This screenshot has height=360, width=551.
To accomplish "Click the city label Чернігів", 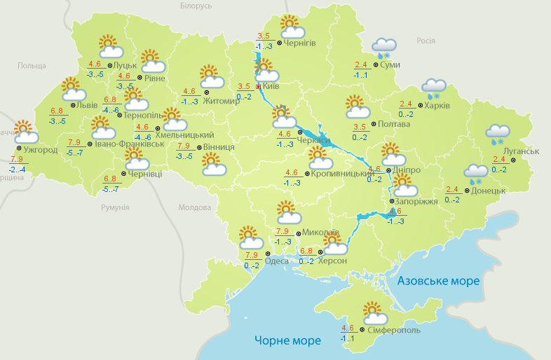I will pos(300,43).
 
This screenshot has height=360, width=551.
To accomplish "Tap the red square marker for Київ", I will pos(258,87).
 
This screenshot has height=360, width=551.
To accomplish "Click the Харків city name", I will pos(437,106).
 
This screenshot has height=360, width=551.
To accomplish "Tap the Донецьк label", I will pos(488,191).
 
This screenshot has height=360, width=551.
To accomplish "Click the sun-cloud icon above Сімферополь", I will pos(372,311).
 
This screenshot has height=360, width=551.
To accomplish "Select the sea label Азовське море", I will pos(438,281).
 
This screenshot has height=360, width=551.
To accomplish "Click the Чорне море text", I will pos(287,340).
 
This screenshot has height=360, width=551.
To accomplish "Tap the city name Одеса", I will pos(277,262).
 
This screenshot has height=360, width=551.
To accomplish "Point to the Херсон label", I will pos(332,261).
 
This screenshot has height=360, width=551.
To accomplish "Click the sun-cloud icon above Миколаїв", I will pos(287,211).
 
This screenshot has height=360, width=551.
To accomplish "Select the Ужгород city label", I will pos(40,150).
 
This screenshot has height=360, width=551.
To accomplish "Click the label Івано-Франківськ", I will pos(129,144).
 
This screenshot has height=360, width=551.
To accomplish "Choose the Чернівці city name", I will pos(144,174).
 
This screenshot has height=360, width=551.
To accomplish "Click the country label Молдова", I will pos(194,208).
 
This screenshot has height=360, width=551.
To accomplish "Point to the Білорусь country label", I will pos(195,6).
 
